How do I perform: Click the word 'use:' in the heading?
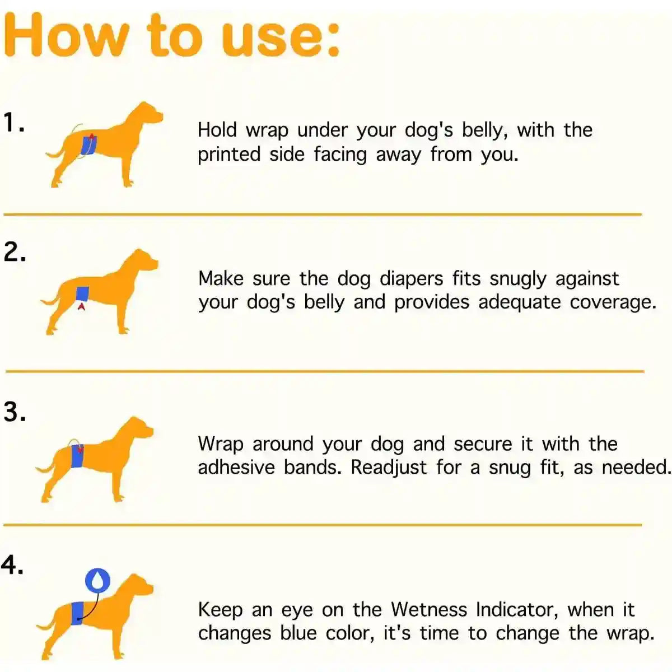(280, 35)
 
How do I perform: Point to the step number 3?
(15, 412)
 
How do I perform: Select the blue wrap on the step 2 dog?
(82, 293)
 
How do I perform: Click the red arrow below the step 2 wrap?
(82, 306)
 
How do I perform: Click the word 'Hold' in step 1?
(218, 130)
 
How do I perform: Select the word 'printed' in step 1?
(228, 155)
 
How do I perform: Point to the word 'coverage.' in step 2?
(613, 302)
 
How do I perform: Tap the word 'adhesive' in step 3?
(236, 467)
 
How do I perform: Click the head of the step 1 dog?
(147, 114)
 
